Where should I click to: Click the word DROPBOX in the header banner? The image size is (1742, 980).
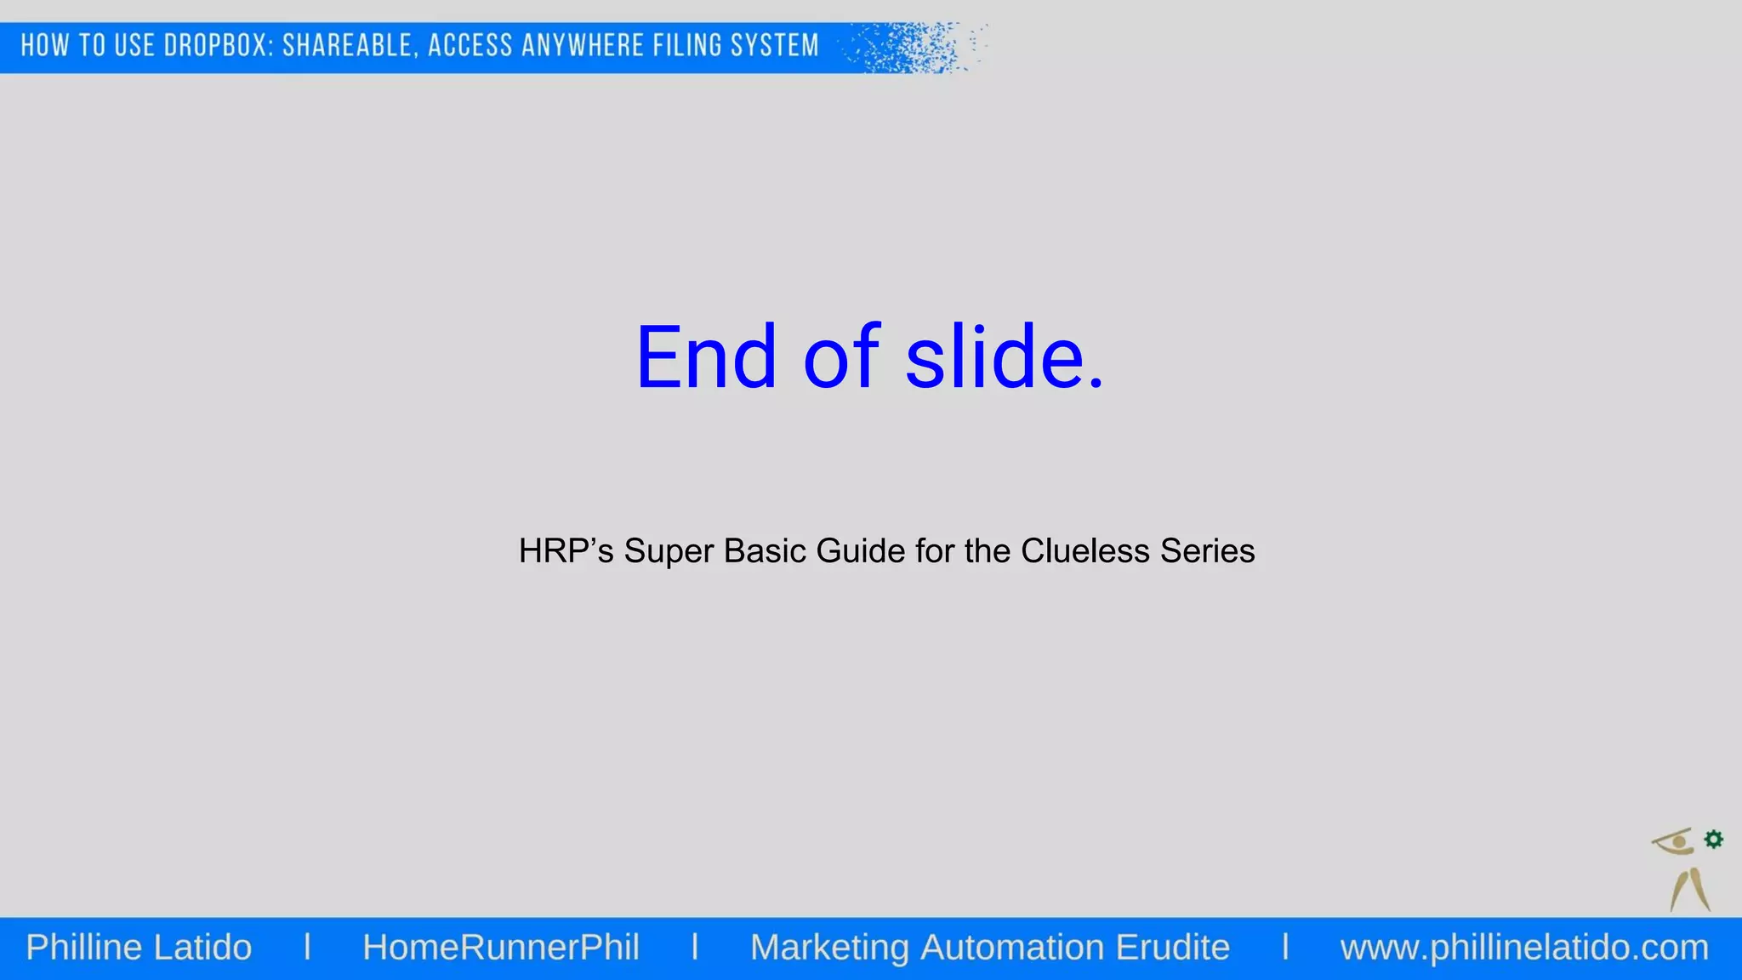(219, 45)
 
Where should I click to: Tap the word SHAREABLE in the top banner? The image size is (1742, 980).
(350, 45)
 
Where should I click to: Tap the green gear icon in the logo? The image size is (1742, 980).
(1714, 840)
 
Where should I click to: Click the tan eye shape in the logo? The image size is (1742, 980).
(1674, 841)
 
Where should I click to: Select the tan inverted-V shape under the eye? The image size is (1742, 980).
(1689, 889)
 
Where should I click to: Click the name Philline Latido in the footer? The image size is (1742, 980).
(139, 948)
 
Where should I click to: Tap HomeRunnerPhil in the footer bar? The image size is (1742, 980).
(501, 948)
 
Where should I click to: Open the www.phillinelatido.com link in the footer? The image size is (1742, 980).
(1524, 948)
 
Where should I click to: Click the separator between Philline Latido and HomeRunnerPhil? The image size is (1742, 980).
(307, 948)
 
